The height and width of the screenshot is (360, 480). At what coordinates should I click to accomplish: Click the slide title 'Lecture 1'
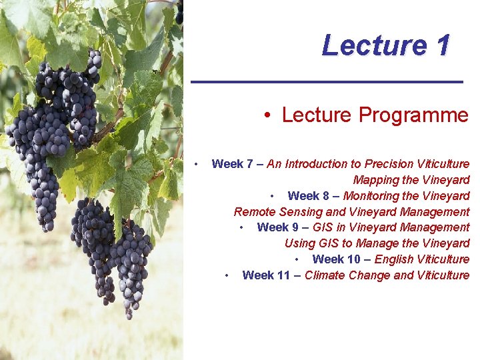(385, 45)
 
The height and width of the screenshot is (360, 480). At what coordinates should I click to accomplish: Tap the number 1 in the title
(443, 45)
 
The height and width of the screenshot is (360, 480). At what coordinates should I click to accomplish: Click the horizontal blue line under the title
(327, 81)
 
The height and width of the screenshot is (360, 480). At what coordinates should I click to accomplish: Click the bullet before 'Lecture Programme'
(266, 116)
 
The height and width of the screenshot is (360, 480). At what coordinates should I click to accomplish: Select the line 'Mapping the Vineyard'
(411, 180)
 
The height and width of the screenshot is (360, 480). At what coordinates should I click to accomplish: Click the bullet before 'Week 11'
(228, 275)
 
